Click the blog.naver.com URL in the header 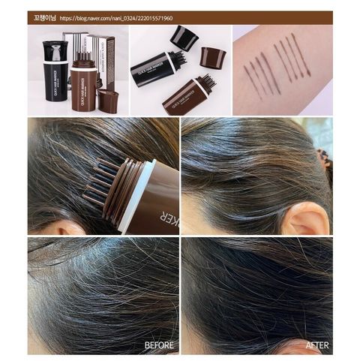coord(126,18)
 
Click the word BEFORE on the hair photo coord(159,346)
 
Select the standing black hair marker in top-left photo coord(56,71)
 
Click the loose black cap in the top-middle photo coord(183,38)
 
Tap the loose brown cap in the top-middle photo coord(213,58)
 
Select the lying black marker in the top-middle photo coord(156,69)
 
